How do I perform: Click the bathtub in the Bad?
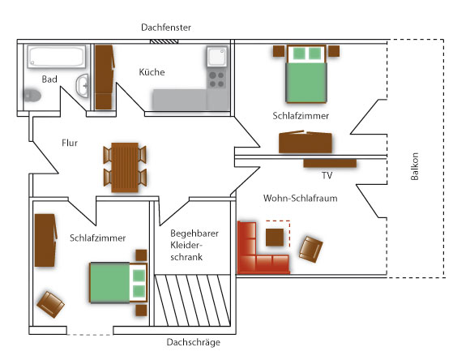pos(57,57)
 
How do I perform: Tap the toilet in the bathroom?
pos(32,95)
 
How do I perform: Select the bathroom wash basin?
pos(83,86)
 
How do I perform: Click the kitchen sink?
pos(216,56)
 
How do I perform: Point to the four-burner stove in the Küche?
pos(216,79)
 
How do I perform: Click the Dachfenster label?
pos(166,28)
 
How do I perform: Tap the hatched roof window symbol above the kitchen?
pos(164,41)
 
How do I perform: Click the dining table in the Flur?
pos(125,167)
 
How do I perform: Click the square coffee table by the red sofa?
pos(275,237)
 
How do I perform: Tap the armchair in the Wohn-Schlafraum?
pos(311,249)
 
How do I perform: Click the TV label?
pos(327,175)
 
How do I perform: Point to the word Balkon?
pos(415,166)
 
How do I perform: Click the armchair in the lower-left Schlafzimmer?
pos(50,304)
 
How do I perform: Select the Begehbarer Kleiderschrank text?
pos(194,245)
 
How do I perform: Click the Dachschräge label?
pos(194,342)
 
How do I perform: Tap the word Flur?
pos(70,143)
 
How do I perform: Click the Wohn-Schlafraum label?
pos(300,199)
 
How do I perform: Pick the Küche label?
pos(152,71)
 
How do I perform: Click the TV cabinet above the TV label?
pos(330,163)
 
